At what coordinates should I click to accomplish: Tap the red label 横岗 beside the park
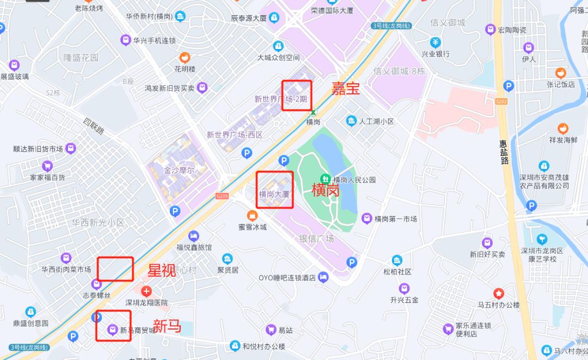point(325,190)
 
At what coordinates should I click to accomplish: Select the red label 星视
point(162,270)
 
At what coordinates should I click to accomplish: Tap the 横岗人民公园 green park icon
point(325,179)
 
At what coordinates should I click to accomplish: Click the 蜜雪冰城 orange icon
point(252,216)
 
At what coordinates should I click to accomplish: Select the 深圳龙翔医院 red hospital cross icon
point(146,291)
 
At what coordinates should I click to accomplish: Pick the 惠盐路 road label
point(504,152)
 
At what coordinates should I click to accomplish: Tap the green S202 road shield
point(501,101)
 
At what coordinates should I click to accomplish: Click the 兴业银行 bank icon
point(436,42)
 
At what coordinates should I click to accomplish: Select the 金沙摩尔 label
point(179,170)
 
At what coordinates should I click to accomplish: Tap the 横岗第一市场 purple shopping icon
point(367,218)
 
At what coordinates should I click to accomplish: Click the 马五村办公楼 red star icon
point(499,294)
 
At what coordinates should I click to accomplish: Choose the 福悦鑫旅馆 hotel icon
point(193,236)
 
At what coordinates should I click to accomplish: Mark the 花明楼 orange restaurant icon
point(185,57)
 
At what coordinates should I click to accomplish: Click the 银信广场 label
point(316,239)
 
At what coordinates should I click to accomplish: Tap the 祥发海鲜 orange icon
point(562,129)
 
